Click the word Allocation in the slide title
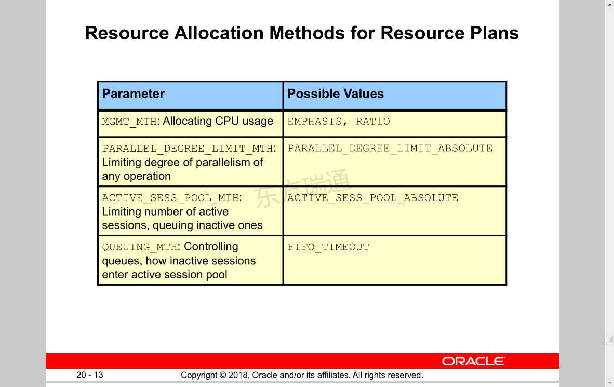pos(219,33)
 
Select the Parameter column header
pos(133,94)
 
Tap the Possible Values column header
pos(336,94)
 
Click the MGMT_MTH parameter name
pos(129,122)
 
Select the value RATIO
pos(373,122)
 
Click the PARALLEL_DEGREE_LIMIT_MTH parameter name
pos(189,149)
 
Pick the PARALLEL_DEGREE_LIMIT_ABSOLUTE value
pos(390,149)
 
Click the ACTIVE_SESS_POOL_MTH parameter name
pos(172,198)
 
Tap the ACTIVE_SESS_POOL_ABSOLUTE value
pos(373,198)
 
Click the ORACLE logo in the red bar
pos(473,361)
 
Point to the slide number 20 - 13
pos(90,375)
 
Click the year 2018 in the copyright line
pos(238,375)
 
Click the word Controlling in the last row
pos(211,247)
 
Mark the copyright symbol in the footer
pos(223,375)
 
